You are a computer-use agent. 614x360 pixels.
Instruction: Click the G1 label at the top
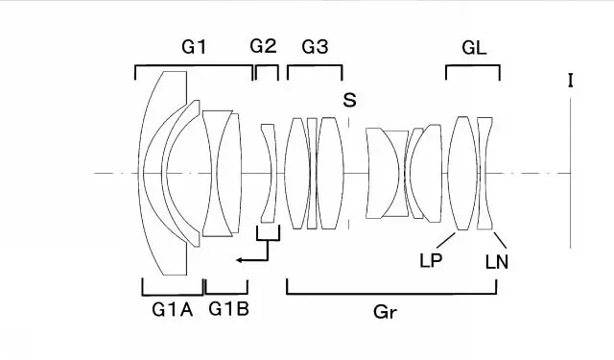[194, 47]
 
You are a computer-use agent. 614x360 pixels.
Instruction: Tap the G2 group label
[263, 46]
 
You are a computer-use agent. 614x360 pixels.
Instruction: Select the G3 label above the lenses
[316, 47]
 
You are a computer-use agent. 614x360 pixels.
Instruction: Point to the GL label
[474, 48]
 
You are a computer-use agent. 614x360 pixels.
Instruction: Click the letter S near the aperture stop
[349, 100]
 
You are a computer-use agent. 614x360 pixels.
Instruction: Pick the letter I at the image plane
[571, 81]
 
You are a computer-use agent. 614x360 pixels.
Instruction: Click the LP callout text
[431, 260]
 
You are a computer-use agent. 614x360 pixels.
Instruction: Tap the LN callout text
[497, 262]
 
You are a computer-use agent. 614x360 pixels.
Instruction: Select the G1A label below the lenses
[173, 310]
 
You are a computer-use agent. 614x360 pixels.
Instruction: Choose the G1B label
[228, 309]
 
